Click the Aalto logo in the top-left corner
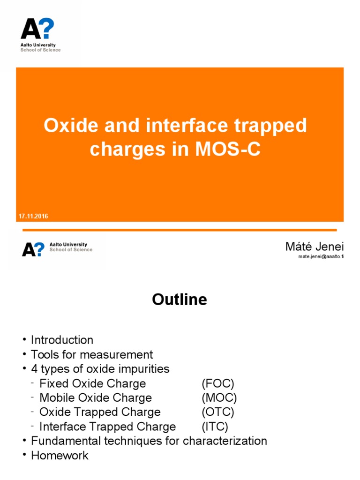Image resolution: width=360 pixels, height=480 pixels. [40, 35]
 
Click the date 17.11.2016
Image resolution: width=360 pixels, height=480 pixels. [33, 216]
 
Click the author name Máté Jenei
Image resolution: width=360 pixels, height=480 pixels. [315, 247]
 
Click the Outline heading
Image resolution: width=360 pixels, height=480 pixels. [180, 300]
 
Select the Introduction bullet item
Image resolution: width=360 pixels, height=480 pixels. [62, 340]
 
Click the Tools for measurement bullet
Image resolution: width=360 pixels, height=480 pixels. [92, 354]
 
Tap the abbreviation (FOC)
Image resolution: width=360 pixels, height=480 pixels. [217, 383]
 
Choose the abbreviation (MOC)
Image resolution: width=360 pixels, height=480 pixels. [219, 398]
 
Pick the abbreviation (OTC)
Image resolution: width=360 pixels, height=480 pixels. [217, 412]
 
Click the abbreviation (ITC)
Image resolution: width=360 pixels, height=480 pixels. [215, 427]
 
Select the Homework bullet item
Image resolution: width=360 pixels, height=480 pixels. [60, 455]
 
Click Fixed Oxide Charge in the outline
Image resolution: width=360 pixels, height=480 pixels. [92, 383]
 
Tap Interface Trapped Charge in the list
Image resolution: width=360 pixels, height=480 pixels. [107, 427]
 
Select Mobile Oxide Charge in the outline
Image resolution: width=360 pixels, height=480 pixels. [95, 398]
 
